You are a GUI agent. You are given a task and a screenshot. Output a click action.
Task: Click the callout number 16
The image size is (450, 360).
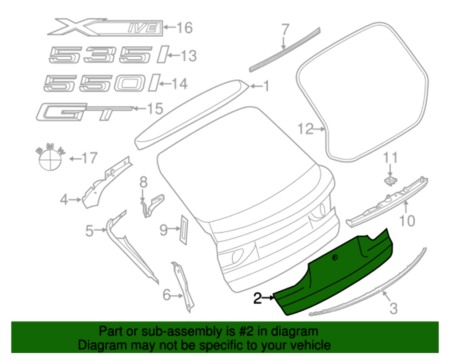point(184,28)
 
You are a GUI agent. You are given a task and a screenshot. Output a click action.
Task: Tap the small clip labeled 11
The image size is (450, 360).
point(390,180)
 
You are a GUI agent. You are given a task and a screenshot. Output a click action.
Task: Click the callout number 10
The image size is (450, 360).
point(407,221)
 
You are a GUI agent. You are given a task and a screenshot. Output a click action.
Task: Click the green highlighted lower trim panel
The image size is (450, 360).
point(333,274)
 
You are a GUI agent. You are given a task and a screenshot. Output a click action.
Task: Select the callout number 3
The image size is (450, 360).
point(393,309)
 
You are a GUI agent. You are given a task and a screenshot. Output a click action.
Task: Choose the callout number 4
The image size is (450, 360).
point(64,199)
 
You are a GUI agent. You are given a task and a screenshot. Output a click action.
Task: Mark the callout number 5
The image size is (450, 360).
point(90,231)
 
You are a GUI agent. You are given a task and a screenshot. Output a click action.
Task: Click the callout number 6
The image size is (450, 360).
point(166,295)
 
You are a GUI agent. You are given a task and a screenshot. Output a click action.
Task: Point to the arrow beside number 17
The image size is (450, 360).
point(73,158)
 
